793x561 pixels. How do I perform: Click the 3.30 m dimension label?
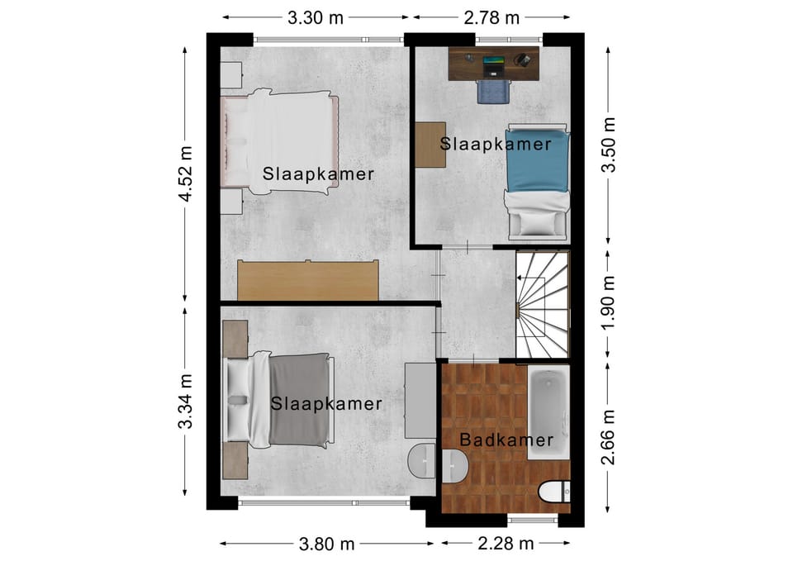click(x=316, y=18)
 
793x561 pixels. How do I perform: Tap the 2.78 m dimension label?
click(x=491, y=18)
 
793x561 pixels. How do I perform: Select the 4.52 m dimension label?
click(x=186, y=174)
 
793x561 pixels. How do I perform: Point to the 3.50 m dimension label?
click(x=609, y=145)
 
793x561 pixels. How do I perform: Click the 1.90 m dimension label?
click(x=609, y=303)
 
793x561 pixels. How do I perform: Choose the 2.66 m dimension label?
click(x=609, y=437)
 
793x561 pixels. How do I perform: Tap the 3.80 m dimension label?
click(x=327, y=544)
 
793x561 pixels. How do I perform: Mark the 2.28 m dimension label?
click(x=506, y=544)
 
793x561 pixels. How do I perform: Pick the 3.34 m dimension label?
click(x=186, y=402)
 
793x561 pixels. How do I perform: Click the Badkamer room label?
click(x=506, y=440)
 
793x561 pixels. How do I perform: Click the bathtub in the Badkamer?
click(x=548, y=411)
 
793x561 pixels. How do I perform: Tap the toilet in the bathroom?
click(x=555, y=492)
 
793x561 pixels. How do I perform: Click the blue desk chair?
click(x=493, y=91)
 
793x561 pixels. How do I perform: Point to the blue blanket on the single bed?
click(x=538, y=161)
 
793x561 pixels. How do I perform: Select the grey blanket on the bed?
click(x=299, y=401)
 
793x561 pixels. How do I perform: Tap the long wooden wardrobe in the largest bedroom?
click(x=308, y=280)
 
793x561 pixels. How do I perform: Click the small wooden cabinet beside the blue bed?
click(x=430, y=145)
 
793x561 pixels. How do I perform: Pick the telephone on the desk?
click(x=523, y=59)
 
